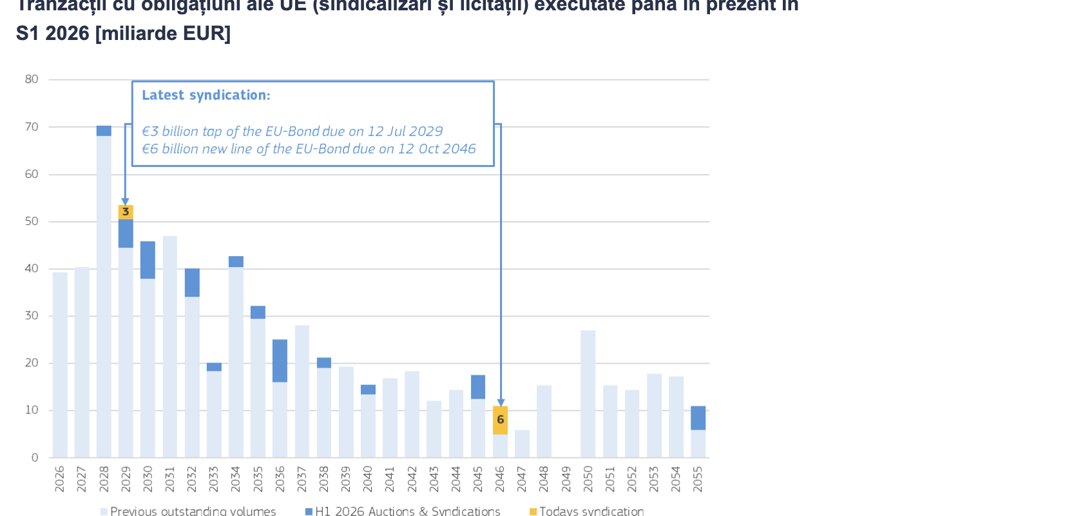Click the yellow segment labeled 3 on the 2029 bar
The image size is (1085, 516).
point(126,212)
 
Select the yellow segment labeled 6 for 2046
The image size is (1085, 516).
point(500,420)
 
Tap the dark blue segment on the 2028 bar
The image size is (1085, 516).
point(104,131)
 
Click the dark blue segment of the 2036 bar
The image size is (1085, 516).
point(280,361)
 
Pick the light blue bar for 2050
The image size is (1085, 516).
point(588,393)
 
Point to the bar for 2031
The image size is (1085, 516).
point(170,346)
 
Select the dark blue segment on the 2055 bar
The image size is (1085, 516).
point(698,418)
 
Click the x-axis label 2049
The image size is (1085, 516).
point(566,479)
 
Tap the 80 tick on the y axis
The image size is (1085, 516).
point(32,79)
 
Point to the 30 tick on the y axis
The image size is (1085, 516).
point(32,316)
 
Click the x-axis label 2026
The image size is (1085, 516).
point(60,479)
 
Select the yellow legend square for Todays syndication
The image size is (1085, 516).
point(533,511)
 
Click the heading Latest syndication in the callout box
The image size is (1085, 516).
point(206,95)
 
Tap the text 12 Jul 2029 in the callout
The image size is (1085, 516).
point(405,132)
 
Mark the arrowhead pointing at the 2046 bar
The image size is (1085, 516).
point(501,402)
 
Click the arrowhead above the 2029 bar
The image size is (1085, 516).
point(125,202)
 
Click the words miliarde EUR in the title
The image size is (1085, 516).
point(164,34)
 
